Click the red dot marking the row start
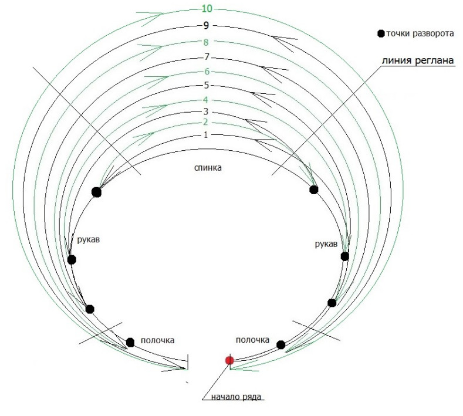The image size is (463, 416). tap(229, 360)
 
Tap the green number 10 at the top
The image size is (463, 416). tap(207, 9)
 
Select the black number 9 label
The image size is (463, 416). tap(206, 26)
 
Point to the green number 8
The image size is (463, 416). tap(206, 42)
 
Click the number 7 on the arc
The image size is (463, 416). tap(207, 57)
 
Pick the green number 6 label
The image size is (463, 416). tap(207, 72)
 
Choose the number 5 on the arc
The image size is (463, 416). tap(207, 85)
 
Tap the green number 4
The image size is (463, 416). tap(205, 100)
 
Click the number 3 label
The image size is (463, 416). tap(206, 111)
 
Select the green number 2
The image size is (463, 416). tap(205, 122)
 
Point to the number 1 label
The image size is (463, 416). tap(206, 135)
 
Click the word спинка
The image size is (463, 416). tap(208, 168)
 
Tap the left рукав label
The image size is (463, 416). tap(89, 239)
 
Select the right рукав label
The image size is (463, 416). tap(326, 244)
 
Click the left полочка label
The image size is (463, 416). tap(157, 340)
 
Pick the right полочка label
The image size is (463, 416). tap(252, 340)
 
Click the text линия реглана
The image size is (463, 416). tap(418, 60)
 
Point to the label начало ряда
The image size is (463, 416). tap(236, 397)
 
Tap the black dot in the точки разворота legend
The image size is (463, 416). tap(381, 33)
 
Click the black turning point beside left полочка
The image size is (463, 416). tap(130, 343)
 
